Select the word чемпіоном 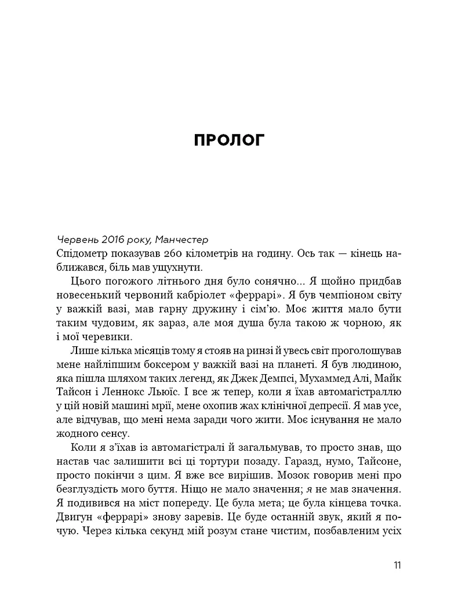[x=332, y=295]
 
